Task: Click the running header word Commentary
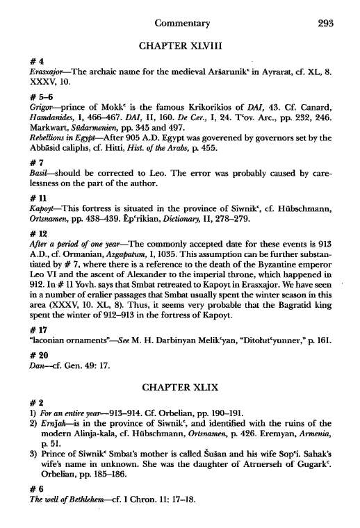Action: click(180, 22)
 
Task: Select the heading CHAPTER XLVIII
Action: click(179, 47)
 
